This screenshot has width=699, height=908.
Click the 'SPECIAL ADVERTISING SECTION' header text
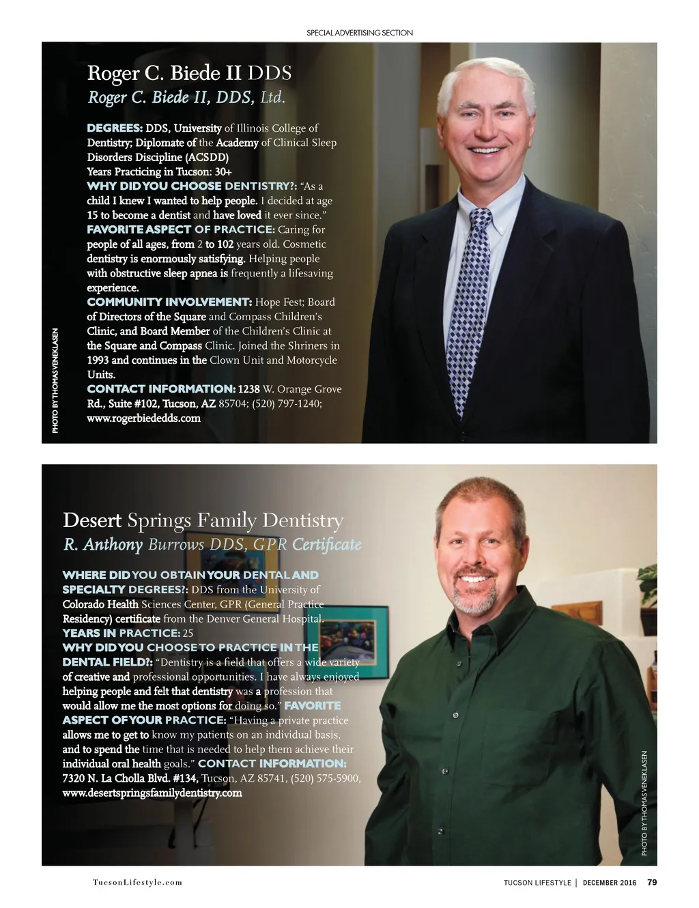coord(359,33)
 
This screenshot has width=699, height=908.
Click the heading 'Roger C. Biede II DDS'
coord(189,73)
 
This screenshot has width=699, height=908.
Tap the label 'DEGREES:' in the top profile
coord(114,128)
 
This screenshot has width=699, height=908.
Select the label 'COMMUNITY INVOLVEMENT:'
coord(169,302)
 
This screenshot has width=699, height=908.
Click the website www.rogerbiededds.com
coord(143,418)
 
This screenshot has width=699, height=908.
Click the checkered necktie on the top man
coord(470,307)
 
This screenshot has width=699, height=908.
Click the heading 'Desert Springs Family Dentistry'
coord(203,520)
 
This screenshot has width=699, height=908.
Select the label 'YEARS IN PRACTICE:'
coord(121,633)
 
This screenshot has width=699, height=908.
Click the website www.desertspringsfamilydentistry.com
coord(152,793)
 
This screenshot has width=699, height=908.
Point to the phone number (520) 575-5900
coord(325,778)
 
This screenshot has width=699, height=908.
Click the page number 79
coord(652,882)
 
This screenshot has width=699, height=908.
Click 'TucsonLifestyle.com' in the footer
coord(137,882)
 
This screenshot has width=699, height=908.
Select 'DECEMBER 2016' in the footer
coord(609,883)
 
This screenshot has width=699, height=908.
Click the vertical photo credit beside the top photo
coord(55,380)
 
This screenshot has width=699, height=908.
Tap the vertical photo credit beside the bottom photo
coord(644,803)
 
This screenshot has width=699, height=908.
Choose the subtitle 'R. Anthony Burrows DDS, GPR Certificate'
coord(212,545)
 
